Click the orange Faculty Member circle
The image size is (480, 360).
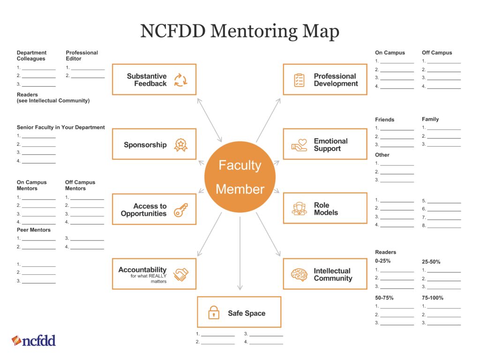tap(240, 177)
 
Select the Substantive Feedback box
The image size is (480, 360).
tap(154, 80)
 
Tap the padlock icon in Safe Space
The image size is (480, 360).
tap(214, 312)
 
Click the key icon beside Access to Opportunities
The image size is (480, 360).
tap(180, 210)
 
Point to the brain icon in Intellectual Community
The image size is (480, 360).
tap(299, 274)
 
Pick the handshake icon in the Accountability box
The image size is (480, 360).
tap(180, 274)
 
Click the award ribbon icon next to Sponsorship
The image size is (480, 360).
tap(180, 145)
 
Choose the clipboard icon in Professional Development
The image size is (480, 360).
tap(299, 80)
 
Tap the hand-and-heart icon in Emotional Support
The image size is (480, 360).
tap(299, 144)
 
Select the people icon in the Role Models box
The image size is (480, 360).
tap(299, 209)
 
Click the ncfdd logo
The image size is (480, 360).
tap(34, 340)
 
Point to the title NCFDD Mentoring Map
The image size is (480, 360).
tap(240, 31)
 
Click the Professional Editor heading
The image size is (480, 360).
tap(82, 56)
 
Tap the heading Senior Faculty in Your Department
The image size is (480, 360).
tap(61, 127)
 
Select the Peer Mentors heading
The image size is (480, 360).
tap(34, 230)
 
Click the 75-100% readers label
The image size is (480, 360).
tap(432, 298)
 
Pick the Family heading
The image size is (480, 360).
tap(430, 119)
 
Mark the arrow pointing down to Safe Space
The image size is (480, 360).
tap(240, 253)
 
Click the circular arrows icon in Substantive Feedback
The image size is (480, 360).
tap(180, 80)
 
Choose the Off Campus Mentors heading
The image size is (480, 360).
tap(80, 185)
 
